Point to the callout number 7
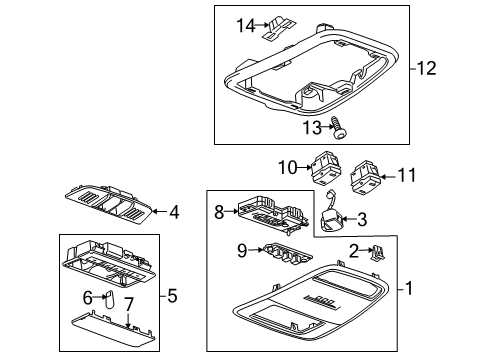128,303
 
